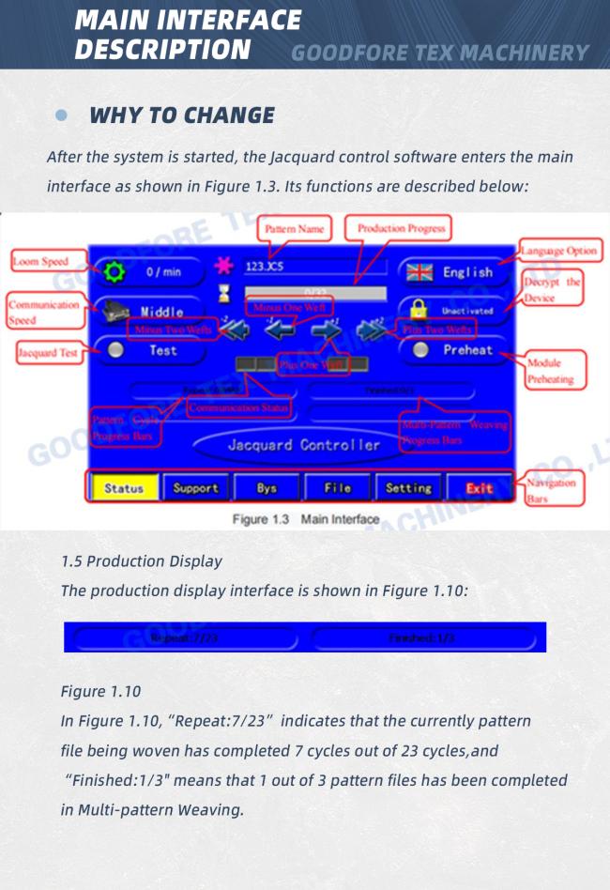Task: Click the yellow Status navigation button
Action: coord(124,488)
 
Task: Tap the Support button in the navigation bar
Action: coord(195,488)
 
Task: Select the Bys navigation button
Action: coord(267,488)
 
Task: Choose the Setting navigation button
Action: coord(408,488)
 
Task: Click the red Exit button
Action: coord(479,488)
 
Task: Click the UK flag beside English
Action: coord(419,272)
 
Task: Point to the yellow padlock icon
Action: coord(419,310)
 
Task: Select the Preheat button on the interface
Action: coord(455,350)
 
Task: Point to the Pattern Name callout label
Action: coord(295,229)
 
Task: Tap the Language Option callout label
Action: coord(559,252)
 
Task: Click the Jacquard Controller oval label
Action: coord(304,445)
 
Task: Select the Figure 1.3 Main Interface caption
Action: coord(306,519)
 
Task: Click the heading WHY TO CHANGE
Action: coord(182,115)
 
